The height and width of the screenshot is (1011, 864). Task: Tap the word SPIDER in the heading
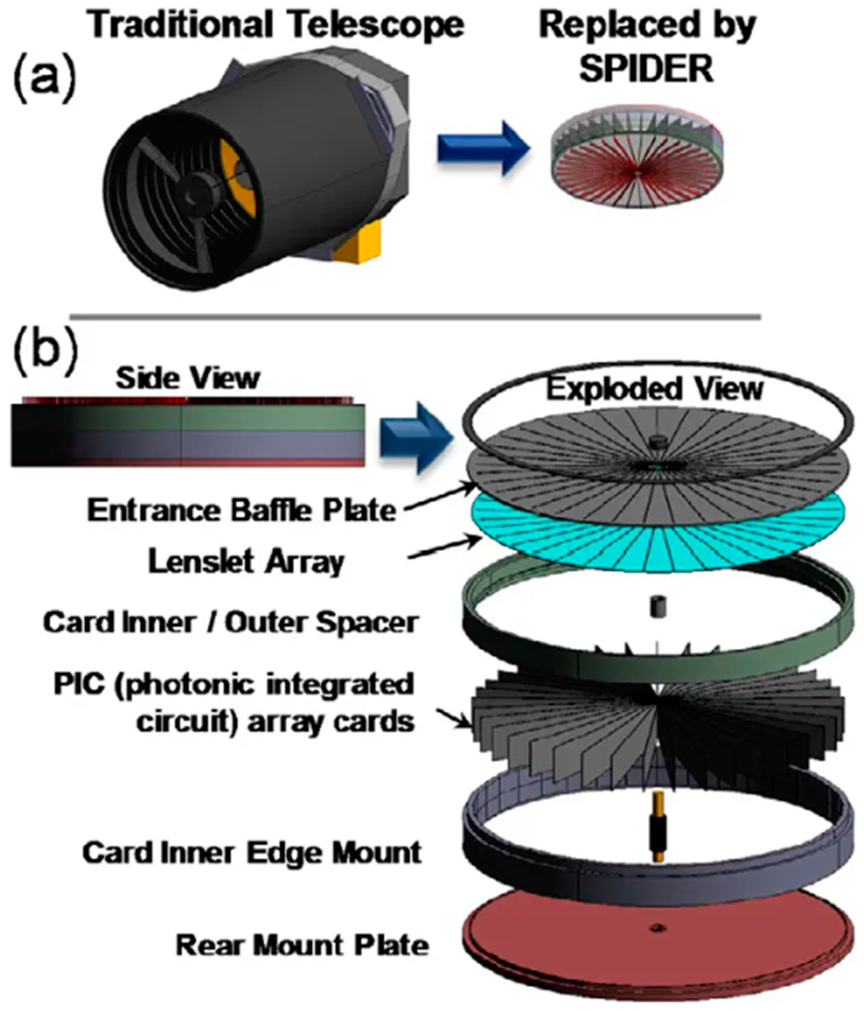pos(646,69)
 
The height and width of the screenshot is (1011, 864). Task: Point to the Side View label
pos(188,378)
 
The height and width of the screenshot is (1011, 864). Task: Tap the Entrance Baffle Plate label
pos(241,510)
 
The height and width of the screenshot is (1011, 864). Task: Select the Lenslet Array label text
pos(246,562)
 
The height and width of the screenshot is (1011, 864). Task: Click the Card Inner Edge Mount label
pos(251,852)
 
